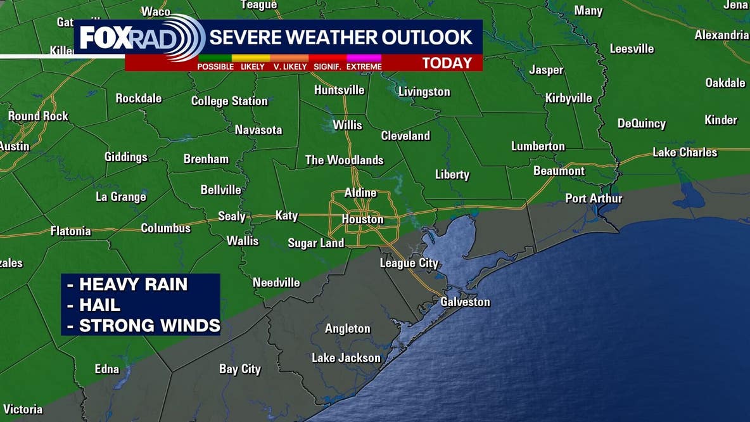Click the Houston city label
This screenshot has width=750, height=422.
point(362,219)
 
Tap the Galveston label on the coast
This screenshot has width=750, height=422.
point(465,302)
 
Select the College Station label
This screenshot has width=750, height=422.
point(229,101)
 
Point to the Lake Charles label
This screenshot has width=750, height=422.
point(685,152)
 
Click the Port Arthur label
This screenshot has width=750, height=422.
point(594,198)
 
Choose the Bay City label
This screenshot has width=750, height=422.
point(240,369)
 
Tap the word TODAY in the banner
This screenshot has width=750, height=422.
point(447,63)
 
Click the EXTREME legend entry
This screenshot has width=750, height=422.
point(364,67)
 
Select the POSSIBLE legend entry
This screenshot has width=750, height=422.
point(215,67)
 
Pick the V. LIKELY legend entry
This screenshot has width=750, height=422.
point(290,67)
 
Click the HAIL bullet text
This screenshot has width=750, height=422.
point(99,305)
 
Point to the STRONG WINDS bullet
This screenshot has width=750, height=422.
point(149,326)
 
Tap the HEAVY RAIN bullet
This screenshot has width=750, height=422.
point(133,285)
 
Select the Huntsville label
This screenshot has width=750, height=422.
point(340,90)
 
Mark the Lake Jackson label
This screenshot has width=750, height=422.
point(346,358)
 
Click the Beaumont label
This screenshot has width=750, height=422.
point(559,171)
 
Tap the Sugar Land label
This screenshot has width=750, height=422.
point(316,243)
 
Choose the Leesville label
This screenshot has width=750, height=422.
point(632,49)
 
